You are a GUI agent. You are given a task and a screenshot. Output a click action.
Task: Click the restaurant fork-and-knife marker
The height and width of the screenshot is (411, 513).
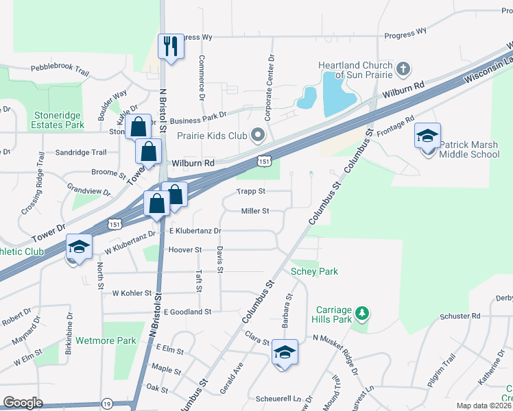coord(169,47)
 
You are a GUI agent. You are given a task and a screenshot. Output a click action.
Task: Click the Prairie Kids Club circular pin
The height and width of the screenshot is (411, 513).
coord(258,135)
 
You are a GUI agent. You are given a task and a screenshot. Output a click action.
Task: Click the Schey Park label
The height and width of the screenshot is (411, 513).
coord(314,271)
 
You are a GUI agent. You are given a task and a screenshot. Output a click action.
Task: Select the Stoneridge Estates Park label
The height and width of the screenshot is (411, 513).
coord(58,121)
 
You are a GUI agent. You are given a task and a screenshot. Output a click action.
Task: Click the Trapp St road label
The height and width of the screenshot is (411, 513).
coord(250,191)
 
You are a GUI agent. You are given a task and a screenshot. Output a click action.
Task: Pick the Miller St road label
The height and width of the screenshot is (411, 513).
coord(254,212)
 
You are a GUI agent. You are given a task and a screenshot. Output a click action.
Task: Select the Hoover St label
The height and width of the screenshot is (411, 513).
coord(184,250)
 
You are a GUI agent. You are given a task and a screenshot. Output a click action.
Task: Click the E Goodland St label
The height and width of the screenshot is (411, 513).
coord(187,312)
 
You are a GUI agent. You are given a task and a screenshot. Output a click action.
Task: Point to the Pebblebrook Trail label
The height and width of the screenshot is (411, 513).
coord(60,70)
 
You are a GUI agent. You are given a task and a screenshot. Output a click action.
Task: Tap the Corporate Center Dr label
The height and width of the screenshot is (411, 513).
coord(271,77)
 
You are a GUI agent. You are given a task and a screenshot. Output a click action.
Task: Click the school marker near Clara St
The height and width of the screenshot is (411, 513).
coord(285,353)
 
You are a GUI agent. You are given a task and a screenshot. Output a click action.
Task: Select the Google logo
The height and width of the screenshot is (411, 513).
coord(23,403)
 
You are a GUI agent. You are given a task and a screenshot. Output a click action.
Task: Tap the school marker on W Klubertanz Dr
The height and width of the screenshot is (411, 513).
coord(79,247)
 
